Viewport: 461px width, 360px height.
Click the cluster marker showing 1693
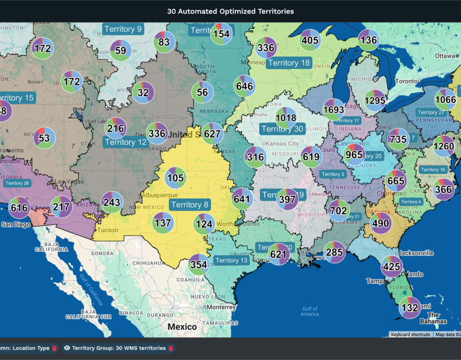click(334, 109)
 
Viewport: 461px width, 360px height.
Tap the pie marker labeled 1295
click(375, 100)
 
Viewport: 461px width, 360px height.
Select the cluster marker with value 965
click(354, 155)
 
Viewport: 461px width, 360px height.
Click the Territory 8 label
click(190, 205)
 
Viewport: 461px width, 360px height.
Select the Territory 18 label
click(289, 63)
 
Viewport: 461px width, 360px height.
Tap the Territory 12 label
click(126, 142)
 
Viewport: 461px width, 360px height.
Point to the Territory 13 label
click(231, 260)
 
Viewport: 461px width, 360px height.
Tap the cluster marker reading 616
click(19, 207)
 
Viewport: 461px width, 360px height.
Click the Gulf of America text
click(310, 312)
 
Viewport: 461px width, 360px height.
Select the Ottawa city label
click(445, 56)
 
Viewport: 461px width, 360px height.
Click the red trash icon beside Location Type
click(54, 348)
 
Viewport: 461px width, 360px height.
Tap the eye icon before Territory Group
click(67, 348)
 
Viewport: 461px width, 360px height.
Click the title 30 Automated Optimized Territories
click(230, 11)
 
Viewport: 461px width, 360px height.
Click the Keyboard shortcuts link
click(410, 335)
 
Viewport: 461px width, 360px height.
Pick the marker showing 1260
click(444, 146)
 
